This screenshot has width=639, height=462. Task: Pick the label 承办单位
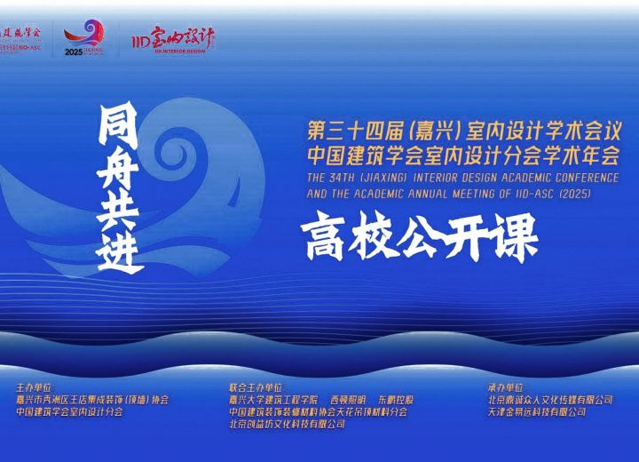pyautogui.click(x=505, y=388)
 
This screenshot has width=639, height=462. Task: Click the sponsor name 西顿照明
pyautogui.click(x=349, y=400)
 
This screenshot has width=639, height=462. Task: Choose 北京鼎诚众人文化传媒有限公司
pyautogui.click(x=549, y=400)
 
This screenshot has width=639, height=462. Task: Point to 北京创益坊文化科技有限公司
pyautogui.click(x=287, y=425)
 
